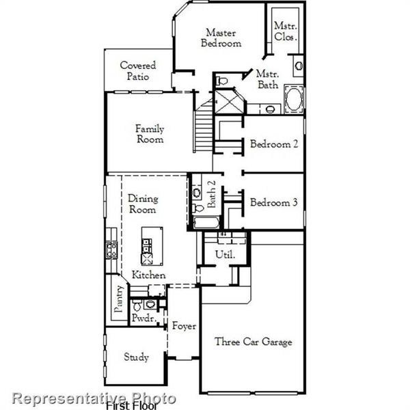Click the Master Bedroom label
tap(221, 38)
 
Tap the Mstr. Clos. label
tap(285, 31)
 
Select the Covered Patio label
tap(138, 71)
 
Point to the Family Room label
tap(149, 134)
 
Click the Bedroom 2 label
tap(273, 144)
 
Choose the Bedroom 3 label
tap(273, 202)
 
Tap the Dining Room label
tap(143, 204)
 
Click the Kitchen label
tap(149, 275)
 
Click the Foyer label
tap(183, 326)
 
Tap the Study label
tap(136, 357)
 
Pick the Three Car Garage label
tap(254, 342)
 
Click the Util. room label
tap(225, 254)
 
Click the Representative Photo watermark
tap(95, 398)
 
